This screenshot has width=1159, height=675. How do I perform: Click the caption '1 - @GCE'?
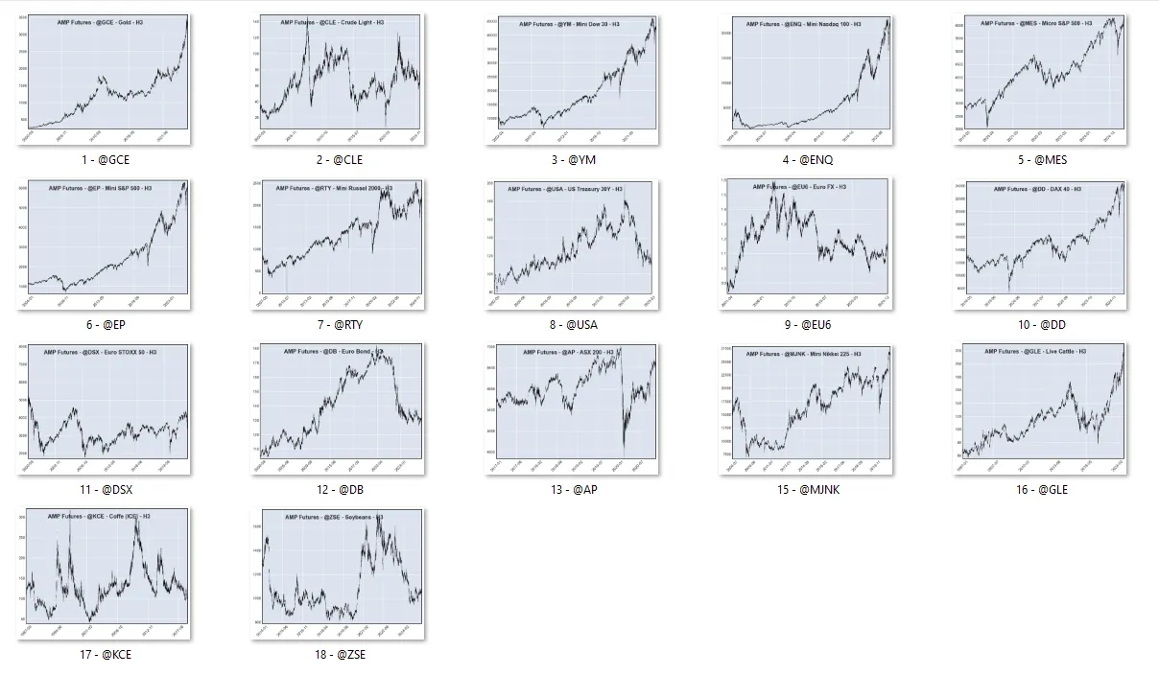106,160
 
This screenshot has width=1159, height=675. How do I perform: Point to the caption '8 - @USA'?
572,325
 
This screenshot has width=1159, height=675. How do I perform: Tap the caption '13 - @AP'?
572,490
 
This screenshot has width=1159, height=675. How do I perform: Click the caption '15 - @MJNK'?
805,490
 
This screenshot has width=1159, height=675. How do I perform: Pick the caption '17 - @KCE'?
106,655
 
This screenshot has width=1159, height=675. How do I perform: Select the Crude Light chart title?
332,22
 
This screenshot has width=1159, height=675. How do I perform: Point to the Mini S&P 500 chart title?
100,188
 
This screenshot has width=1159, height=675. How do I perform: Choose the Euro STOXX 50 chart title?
100,352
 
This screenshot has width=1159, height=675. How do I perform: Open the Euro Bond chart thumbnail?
341,409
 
